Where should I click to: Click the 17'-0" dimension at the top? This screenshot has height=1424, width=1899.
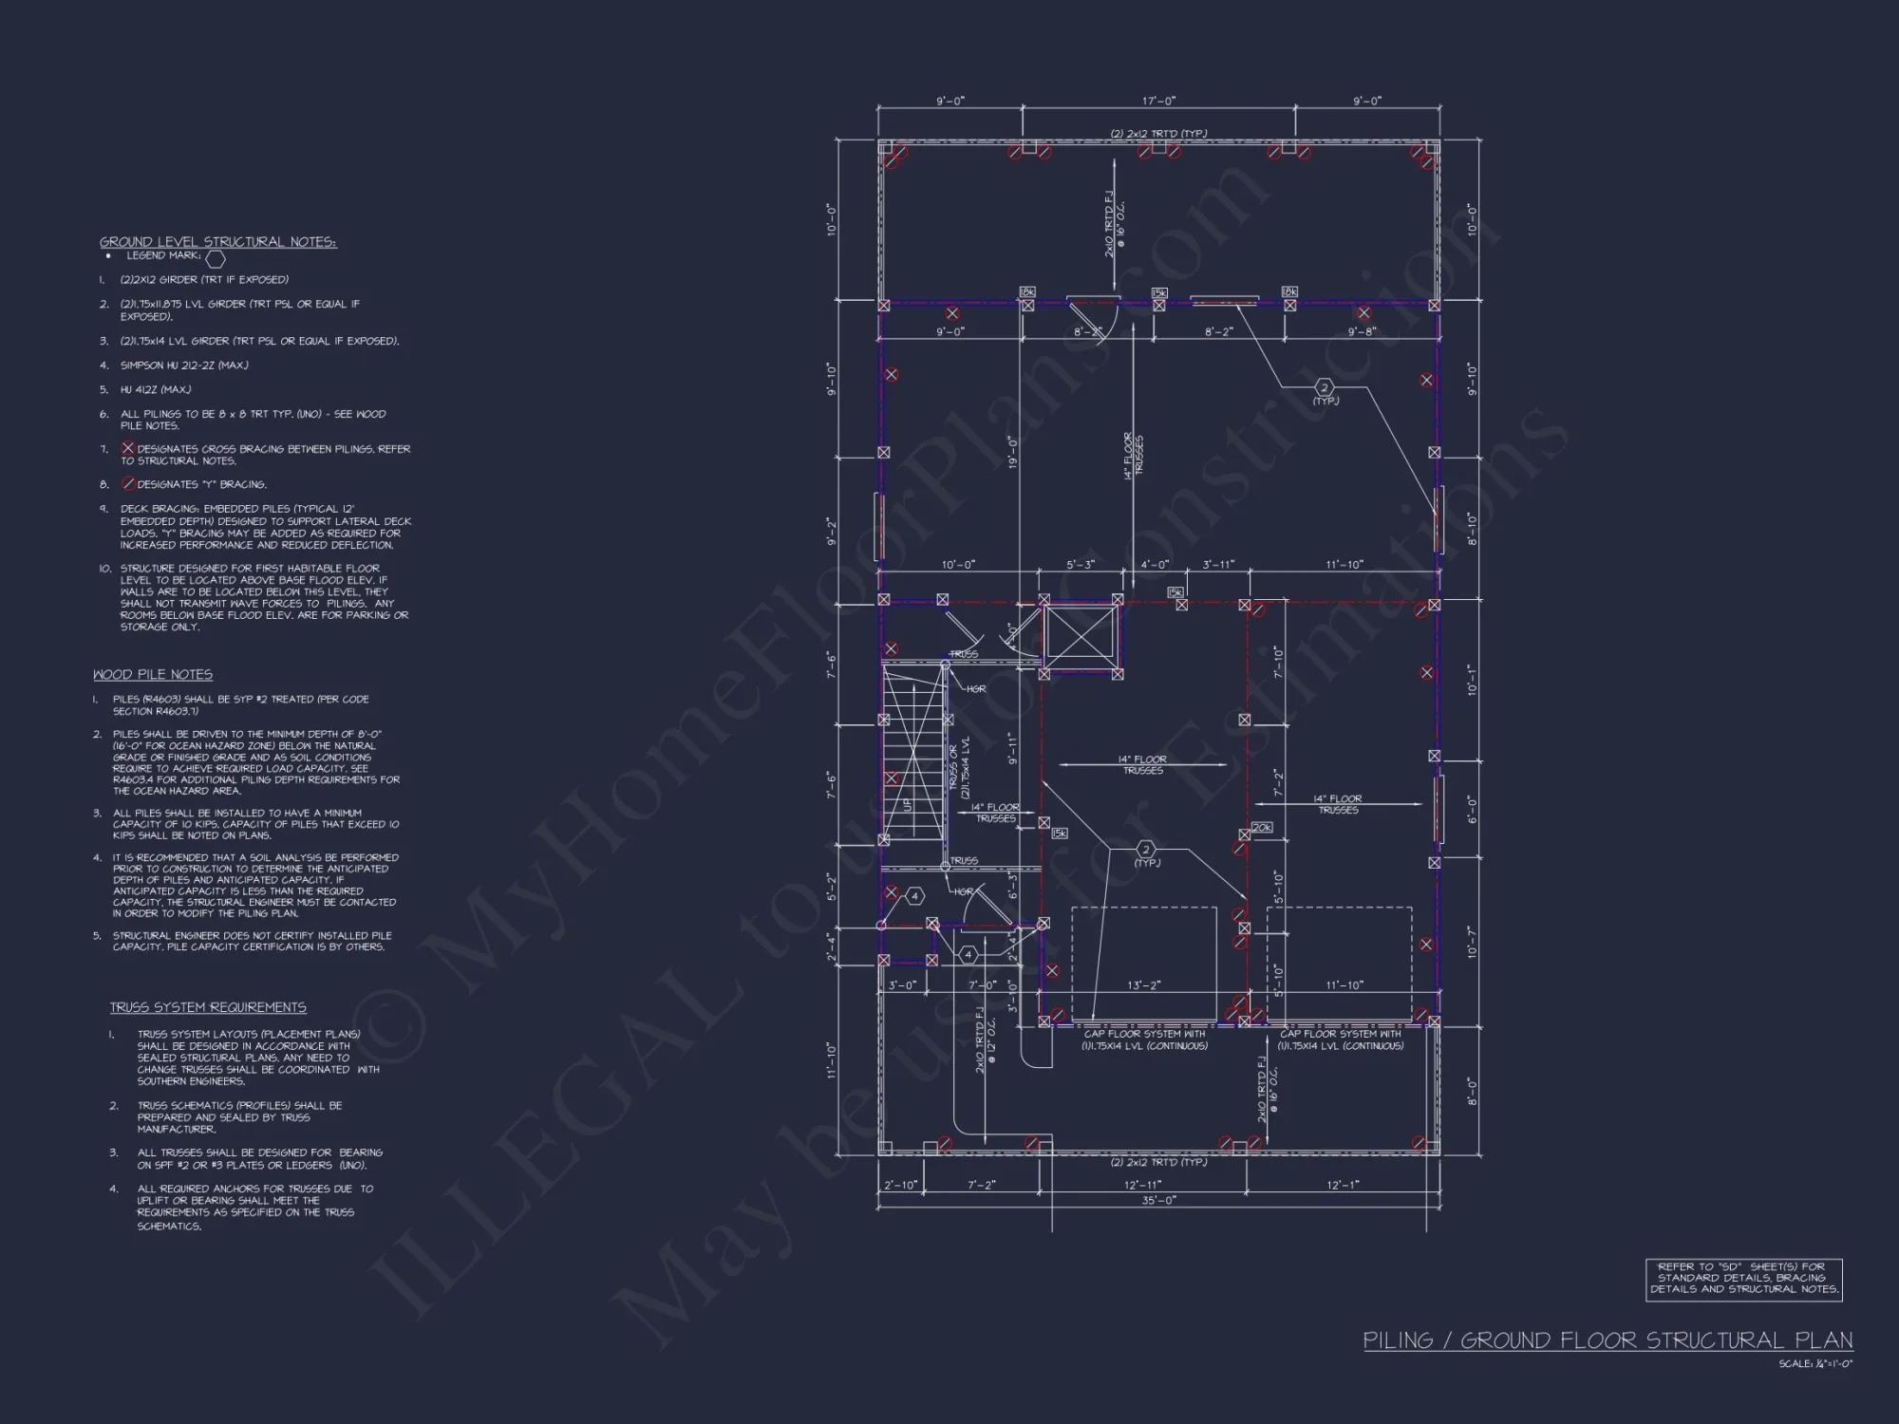click(x=1157, y=101)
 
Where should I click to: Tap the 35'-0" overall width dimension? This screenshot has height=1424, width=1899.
click(x=1157, y=1200)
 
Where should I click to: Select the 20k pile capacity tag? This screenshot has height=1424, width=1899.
click(x=1261, y=828)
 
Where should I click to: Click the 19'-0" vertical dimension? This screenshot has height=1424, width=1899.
click(x=1012, y=452)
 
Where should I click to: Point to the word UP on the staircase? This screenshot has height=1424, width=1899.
click(x=907, y=805)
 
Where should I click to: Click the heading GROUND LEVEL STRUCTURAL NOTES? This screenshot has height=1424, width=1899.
click(x=217, y=242)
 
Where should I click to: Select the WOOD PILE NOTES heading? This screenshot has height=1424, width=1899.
click(x=153, y=675)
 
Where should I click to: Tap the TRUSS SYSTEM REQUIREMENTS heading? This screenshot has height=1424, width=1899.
click(x=207, y=1007)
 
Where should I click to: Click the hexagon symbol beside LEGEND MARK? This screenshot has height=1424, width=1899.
click(x=216, y=258)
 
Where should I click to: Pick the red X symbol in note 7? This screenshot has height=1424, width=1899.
click(x=127, y=448)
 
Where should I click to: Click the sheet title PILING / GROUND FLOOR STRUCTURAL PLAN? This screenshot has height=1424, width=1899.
click(x=1608, y=1340)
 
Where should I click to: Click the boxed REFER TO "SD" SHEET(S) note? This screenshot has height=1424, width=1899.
click(x=1744, y=1278)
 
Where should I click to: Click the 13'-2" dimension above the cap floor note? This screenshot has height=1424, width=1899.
click(x=1143, y=985)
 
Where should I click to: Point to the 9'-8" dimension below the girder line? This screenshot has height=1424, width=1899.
click(x=1362, y=331)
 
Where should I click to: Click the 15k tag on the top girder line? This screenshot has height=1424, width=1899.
click(x=1159, y=293)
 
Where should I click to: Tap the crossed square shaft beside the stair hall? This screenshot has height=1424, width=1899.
click(x=1081, y=637)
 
